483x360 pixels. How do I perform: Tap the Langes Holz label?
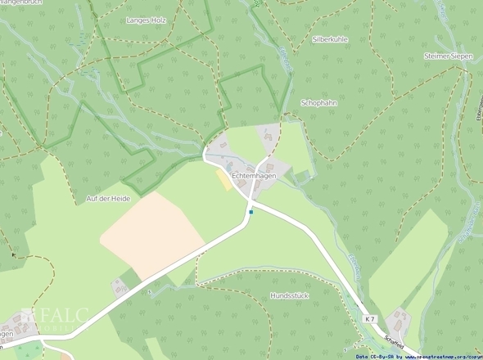[147, 19]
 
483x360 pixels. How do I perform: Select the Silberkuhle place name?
[331, 38]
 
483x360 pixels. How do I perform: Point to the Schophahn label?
[319, 103]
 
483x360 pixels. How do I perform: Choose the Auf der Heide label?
[108, 198]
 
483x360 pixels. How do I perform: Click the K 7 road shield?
[370, 319]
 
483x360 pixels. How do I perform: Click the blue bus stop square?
[251, 213]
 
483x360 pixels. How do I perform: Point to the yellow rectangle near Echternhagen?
[223, 178]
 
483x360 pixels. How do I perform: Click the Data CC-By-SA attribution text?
[375, 356]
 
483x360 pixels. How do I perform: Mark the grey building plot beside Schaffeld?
[399, 320]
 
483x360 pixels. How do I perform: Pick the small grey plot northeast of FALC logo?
[120, 285]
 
